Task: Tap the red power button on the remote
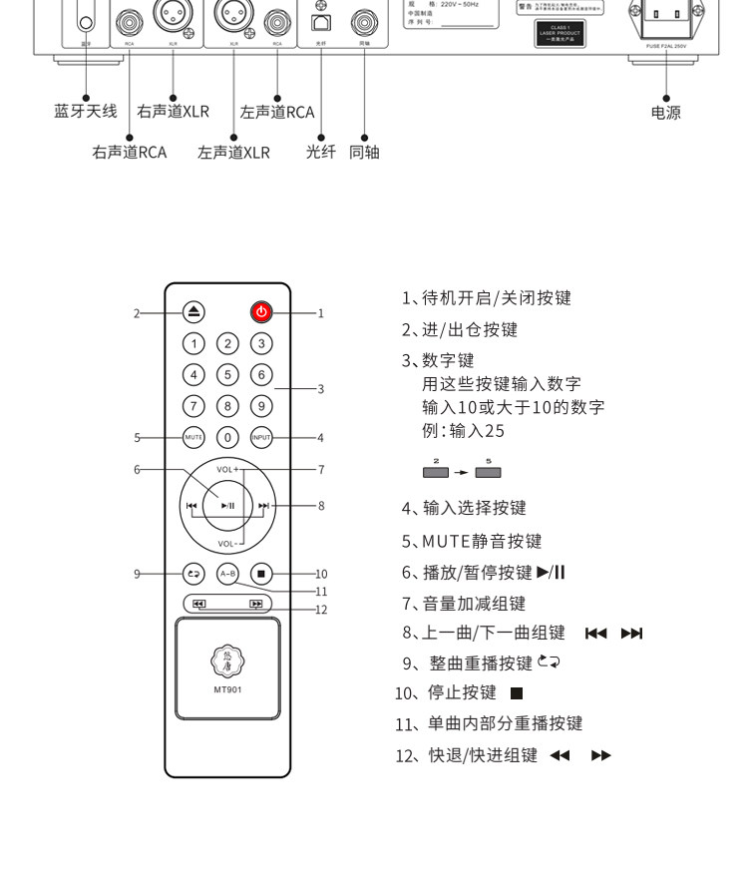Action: (x=260, y=312)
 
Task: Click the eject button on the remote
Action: (x=194, y=312)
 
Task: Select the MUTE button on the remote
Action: (x=194, y=437)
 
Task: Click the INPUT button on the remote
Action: (x=260, y=437)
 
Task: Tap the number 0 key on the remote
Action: (x=227, y=437)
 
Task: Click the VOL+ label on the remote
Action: (x=227, y=469)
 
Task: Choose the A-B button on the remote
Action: (x=227, y=574)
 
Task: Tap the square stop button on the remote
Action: (x=260, y=574)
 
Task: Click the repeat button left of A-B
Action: (x=194, y=574)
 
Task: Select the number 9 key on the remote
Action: (x=260, y=406)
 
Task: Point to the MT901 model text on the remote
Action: (x=227, y=689)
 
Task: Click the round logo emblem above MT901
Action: (x=227, y=660)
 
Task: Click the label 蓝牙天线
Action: (x=86, y=111)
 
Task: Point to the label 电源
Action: (x=665, y=113)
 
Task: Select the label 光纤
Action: (x=320, y=153)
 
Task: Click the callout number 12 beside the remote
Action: (x=321, y=609)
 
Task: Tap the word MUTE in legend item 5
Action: (x=443, y=541)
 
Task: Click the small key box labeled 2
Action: (x=436, y=472)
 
